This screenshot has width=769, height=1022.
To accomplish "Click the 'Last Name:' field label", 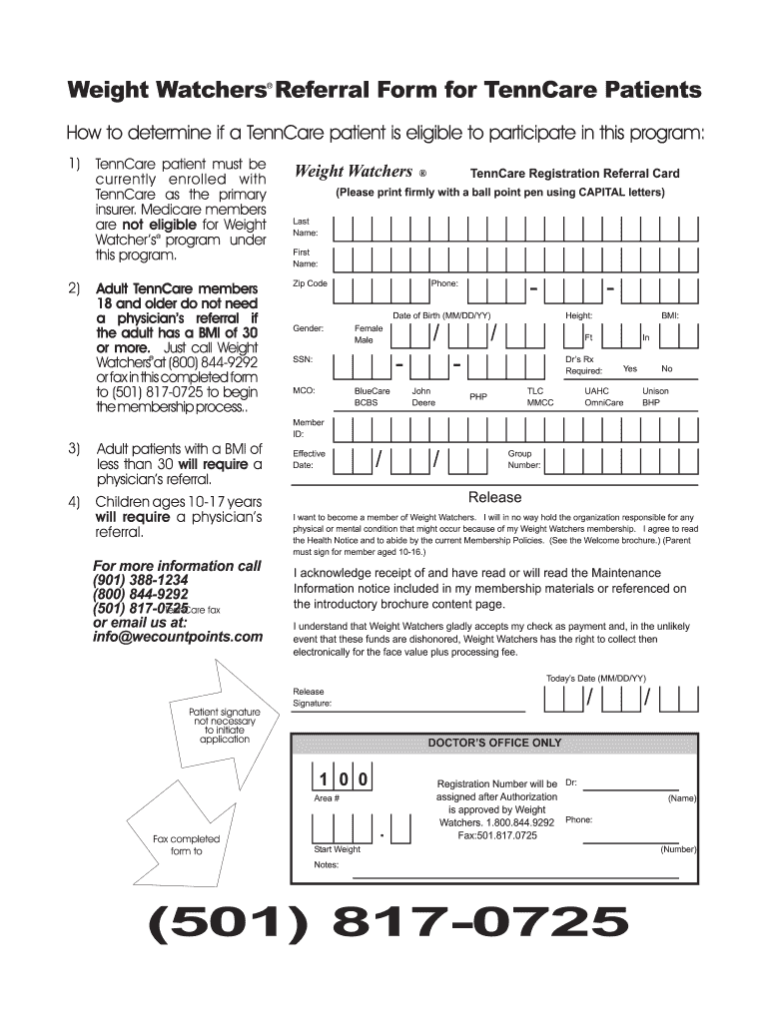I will pos(306,227).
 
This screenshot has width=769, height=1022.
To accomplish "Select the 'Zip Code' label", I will pos(310,283).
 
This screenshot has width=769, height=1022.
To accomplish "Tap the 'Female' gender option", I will pos(369,327).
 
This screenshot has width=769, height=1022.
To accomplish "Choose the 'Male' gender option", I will pos(364,340).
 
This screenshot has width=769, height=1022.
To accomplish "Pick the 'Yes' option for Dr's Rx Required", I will pos(630,368).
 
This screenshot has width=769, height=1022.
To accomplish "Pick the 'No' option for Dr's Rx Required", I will pos(667,368).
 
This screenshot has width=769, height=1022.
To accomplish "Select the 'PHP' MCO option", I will pos(478,397).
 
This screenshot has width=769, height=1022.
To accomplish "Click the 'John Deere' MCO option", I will pos(422,397).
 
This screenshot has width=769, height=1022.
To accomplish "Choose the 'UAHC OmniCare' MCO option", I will pos(604,397).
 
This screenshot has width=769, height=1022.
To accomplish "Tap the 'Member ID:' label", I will pos(308,428).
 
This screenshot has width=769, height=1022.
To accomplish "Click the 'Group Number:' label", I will pos(524,459).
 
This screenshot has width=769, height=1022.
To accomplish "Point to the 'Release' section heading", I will pos(494,497).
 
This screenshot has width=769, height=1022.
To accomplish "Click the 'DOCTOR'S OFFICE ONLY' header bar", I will pos(494,743).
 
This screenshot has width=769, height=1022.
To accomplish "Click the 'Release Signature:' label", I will pos(312,697).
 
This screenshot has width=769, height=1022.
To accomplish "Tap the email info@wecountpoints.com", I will pos(178,637).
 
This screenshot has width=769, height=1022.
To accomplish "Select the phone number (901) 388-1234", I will pos(140,580).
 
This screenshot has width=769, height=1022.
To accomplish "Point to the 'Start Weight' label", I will pos(337,849).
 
